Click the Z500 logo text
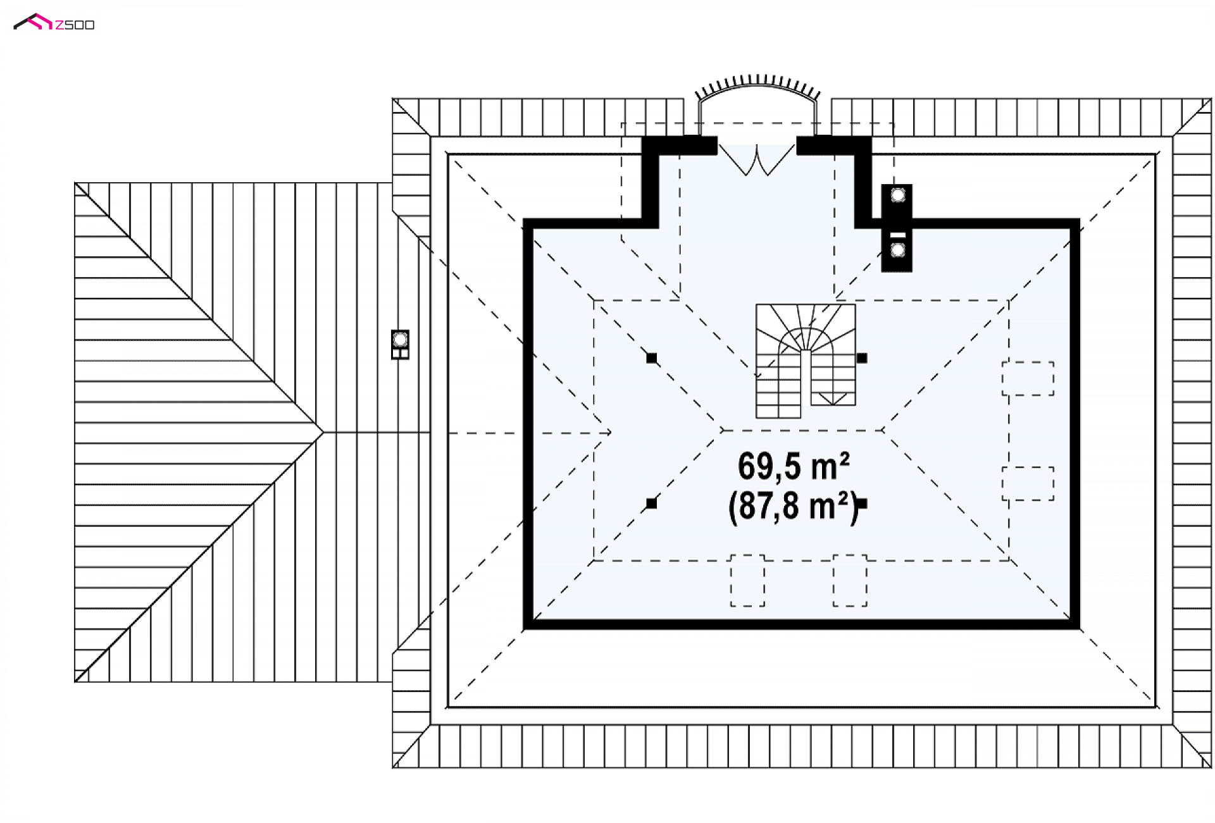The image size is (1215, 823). pos(75,25)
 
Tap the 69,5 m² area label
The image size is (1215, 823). pos(794,466)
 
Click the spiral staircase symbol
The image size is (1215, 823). pos(806,361)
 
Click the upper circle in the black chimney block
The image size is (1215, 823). pos(897,195)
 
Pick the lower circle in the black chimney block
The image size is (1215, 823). pos(897,251)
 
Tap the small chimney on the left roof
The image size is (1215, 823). pos(400,344)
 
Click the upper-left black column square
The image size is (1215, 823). pos(652,358)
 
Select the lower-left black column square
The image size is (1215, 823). pos(652,504)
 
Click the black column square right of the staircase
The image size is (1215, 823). pos(862,358)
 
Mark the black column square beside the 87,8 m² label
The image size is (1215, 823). pos(862,504)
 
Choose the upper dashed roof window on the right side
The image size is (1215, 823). pos(1028,378)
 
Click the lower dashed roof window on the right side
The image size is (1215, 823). pos(1028,484)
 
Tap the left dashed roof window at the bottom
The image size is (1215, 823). pos(747,581)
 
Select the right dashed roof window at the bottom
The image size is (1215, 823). pos(850,581)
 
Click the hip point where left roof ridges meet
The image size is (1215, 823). pos(323,432)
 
